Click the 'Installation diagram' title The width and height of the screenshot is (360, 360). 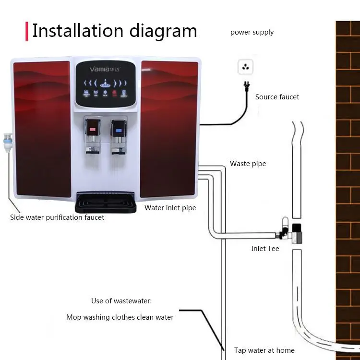tap(115, 31)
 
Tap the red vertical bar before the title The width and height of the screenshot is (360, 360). tap(26, 31)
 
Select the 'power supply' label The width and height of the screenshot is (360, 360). tap(252, 33)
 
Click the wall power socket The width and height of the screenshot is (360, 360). tap(245, 67)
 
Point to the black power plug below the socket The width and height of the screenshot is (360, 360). tap(246, 87)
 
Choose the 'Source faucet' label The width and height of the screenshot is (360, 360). tap(277, 97)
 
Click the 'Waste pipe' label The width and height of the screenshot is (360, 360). tap(248, 164)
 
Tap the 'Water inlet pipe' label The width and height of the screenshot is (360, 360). tap(170, 208)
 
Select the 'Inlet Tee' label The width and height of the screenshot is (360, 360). tap(265, 249)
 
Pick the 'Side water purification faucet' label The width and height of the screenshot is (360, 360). tap(57, 217)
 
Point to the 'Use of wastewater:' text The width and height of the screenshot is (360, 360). tap(121, 301)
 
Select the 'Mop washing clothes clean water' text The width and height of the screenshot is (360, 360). tap(120, 317)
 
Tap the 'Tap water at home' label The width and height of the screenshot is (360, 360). tap(264, 350)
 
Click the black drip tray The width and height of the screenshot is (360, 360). tap(106, 203)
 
